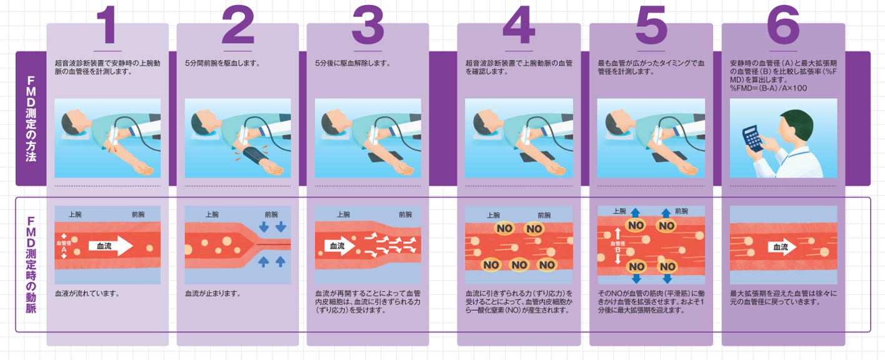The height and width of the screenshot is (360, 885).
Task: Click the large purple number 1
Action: coord(107,26)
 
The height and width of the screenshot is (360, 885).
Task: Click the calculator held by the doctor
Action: coord(754,137)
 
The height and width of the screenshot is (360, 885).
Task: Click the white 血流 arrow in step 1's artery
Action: coord(110,246)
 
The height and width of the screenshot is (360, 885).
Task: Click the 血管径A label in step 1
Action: coord(64,246)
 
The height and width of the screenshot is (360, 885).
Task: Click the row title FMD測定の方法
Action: coord(31,119)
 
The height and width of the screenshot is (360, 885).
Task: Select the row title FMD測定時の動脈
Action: coord(31,264)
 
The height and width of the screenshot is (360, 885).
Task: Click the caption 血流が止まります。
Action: coord(213,293)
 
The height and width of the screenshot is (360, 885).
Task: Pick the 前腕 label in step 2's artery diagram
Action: coord(271,214)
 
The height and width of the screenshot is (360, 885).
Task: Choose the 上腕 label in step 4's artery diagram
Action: coord(493,214)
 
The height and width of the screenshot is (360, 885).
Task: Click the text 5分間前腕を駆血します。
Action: coord(222,63)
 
